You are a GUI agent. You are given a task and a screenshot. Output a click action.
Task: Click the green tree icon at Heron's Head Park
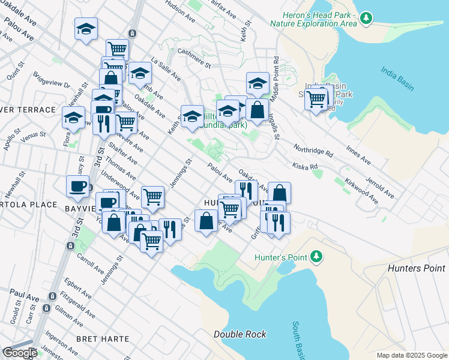(x=364, y=19)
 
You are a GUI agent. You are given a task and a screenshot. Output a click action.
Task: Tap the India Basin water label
(x=397, y=78)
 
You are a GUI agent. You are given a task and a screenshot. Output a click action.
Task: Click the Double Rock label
(x=240, y=334)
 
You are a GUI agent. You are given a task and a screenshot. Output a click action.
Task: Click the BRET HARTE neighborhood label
(x=103, y=339)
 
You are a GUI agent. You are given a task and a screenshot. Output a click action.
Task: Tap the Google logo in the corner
(x=19, y=353)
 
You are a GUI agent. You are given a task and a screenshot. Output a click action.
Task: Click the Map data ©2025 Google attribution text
(x=411, y=355)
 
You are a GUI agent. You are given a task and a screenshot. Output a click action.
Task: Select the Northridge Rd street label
(x=313, y=150)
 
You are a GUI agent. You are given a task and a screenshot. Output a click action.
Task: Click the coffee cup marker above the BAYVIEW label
(x=77, y=186)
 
